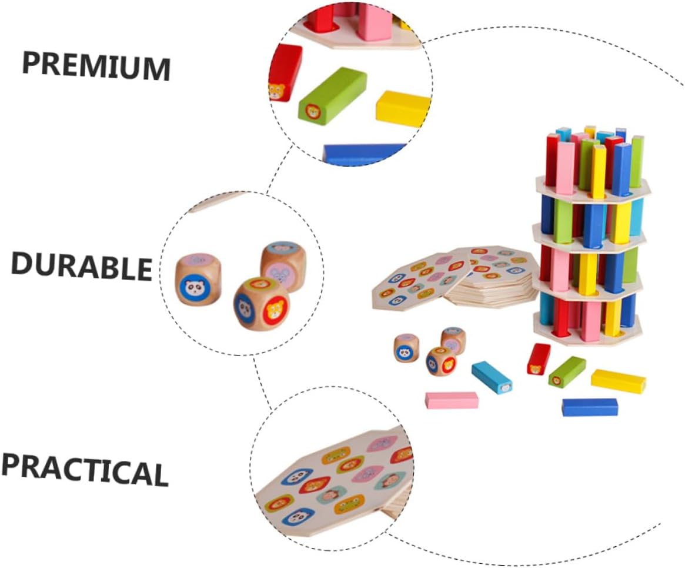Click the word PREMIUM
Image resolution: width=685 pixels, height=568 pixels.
coord(96,66)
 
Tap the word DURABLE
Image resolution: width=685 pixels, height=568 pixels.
coord(82,265)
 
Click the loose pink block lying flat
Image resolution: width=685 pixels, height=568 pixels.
coord(452,400)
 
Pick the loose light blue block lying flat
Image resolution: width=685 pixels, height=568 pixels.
coord(492,377)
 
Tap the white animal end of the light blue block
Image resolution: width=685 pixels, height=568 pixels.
coord(504,388)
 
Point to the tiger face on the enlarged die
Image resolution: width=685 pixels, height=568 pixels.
coord(275,310)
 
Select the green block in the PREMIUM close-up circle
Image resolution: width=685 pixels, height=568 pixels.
coord(332,95)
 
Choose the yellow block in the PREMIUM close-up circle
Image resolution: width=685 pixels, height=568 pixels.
coord(403,108)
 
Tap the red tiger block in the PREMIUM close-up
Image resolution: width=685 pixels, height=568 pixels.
coord(285,72)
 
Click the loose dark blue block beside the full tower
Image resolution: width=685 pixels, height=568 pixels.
coord(589,407)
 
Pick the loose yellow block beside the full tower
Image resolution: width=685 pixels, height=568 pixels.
coord(618,381)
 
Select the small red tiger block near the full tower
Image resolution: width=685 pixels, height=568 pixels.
coord(538,359)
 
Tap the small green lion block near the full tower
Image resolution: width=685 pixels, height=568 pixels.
coord(567,372)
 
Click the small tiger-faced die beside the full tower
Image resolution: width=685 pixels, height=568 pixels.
coord(440,361)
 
